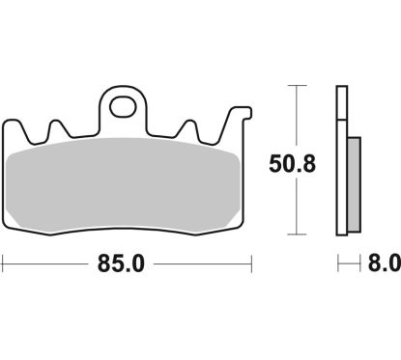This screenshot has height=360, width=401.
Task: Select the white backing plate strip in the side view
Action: coord(340,160)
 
